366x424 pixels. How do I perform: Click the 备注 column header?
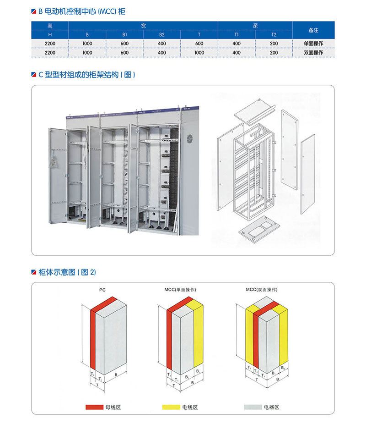click(313, 30)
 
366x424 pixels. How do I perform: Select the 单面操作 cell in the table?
click(313, 44)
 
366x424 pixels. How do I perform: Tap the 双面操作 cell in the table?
click(313, 53)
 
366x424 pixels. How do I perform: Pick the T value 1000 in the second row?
click(199, 53)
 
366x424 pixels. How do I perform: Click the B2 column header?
click(162, 34)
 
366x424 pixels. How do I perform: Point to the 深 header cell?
click(255, 26)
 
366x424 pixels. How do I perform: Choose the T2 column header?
click(274, 34)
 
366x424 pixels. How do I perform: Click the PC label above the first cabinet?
click(102, 290)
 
